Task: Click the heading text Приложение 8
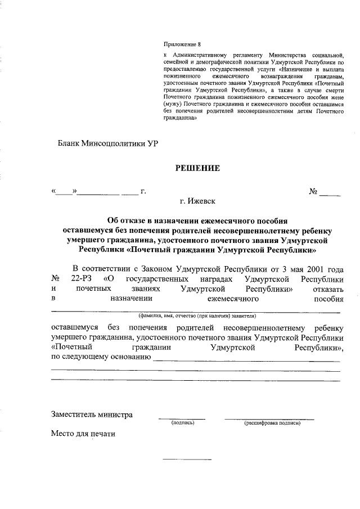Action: click(182, 43)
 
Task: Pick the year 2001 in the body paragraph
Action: click(314, 268)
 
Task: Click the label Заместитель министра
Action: click(92, 415)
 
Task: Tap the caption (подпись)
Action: click(183, 423)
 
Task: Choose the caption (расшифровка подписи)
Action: click(272, 423)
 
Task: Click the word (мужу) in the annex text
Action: click(174, 105)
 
